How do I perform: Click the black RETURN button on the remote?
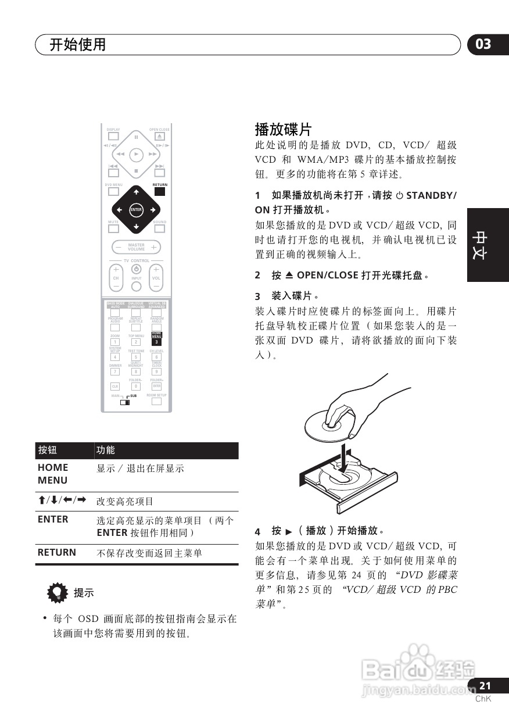(160, 191)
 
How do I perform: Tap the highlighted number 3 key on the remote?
(156, 342)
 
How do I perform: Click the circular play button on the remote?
(136, 154)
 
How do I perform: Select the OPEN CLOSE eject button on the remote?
(159, 137)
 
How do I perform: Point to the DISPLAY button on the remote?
(113, 137)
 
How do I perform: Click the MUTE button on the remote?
(113, 228)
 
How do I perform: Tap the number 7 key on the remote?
(115, 371)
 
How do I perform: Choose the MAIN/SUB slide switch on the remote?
(125, 402)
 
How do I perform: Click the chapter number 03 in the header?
(483, 44)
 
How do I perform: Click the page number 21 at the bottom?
(485, 686)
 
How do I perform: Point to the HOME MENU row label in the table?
(53, 474)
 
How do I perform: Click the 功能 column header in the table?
(106, 450)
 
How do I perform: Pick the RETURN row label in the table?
(56, 553)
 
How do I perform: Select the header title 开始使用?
(77, 45)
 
